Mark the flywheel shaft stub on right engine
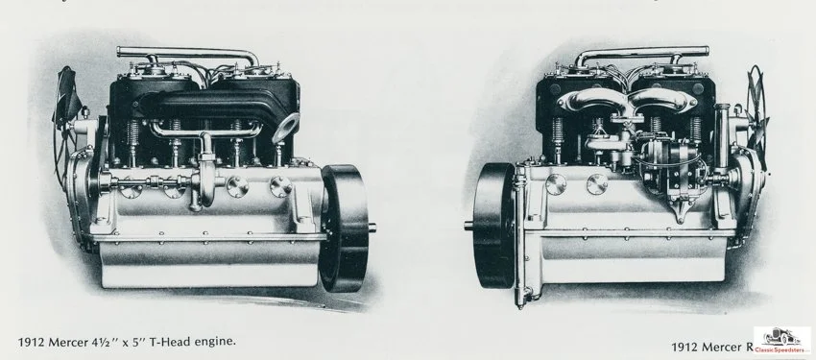(x=469, y=227)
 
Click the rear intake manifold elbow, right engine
(x=592, y=106)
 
